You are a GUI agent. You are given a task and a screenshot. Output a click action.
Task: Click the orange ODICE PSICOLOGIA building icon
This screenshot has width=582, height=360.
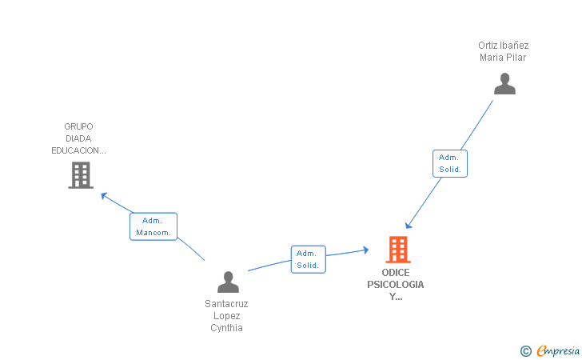[x=397, y=250]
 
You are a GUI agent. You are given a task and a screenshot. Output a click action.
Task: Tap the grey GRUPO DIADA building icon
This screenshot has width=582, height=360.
[x=81, y=175]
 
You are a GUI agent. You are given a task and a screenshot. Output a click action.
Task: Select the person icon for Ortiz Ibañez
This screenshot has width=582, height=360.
[x=504, y=84]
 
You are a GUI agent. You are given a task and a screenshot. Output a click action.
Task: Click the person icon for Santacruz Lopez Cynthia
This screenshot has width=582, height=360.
[x=228, y=282]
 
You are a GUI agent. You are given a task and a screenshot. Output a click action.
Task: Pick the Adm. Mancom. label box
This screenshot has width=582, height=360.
[x=153, y=226]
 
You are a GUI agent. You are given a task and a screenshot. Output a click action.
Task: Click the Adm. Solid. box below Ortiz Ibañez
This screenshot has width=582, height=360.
[x=450, y=163]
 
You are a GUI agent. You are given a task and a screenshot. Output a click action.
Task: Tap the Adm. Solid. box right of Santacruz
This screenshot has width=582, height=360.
[x=308, y=259]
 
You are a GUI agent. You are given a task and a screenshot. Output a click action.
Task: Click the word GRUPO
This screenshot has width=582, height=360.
[x=79, y=126]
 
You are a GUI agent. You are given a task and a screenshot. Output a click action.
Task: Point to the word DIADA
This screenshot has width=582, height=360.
[x=79, y=138]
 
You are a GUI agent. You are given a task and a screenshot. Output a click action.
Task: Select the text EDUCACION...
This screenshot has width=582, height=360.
[x=79, y=150]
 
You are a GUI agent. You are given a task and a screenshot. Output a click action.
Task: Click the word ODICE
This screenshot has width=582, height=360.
[x=396, y=273]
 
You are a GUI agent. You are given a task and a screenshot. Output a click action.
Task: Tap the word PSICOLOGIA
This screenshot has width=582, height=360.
[x=396, y=285]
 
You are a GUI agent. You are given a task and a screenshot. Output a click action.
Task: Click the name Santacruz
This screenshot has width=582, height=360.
[x=226, y=304]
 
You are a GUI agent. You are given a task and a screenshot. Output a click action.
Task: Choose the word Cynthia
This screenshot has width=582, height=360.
[x=226, y=327]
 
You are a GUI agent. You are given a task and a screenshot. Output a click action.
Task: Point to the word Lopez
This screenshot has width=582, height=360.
[x=226, y=316]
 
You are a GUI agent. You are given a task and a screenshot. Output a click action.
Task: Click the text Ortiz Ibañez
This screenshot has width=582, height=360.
[x=504, y=46]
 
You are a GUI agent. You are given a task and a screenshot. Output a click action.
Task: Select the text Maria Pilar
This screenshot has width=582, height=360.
[x=504, y=58]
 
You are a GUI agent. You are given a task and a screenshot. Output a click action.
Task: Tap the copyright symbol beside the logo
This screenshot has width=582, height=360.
[x=525, y=350]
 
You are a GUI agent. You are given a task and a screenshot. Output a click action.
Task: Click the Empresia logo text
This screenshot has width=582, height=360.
[x=558, y=350]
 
